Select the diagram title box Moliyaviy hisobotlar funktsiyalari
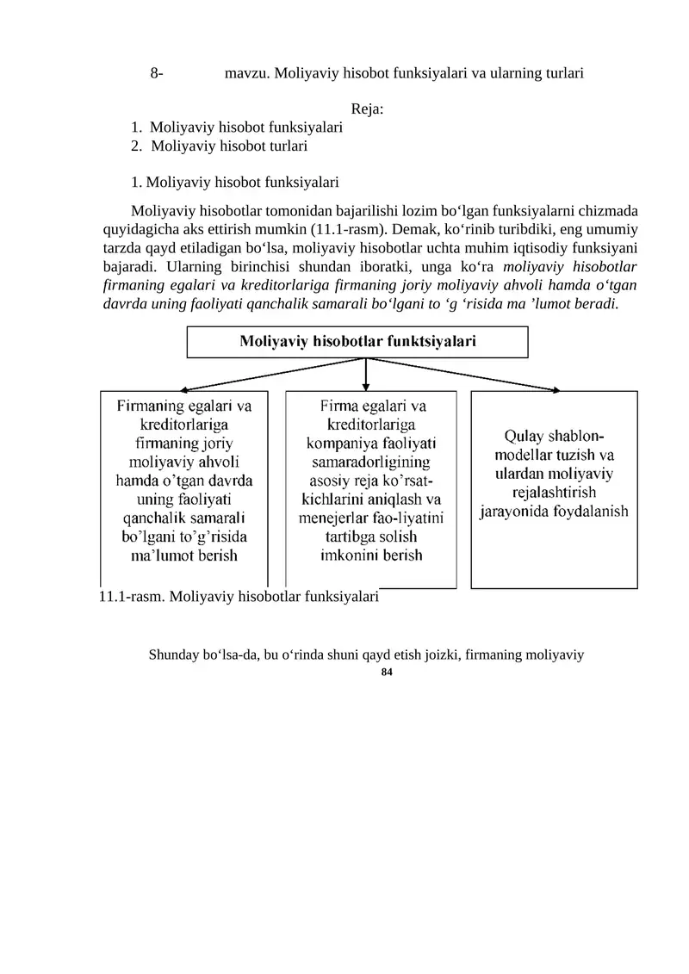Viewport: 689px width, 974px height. click(x=357, y=342)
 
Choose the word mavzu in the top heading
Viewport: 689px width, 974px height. click(x=245, y=74)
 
